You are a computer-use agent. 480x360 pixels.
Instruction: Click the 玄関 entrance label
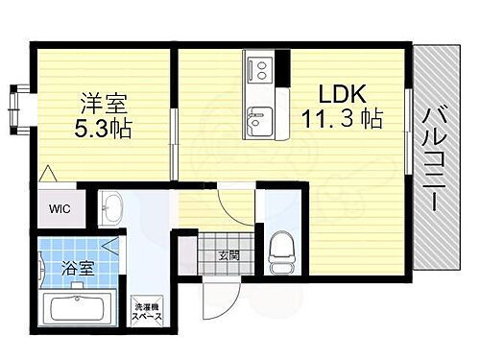pos(228,254)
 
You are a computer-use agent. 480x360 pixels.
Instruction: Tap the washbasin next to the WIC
pos(112,206)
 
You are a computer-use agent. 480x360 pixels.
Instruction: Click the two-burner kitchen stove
pos(259,68)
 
